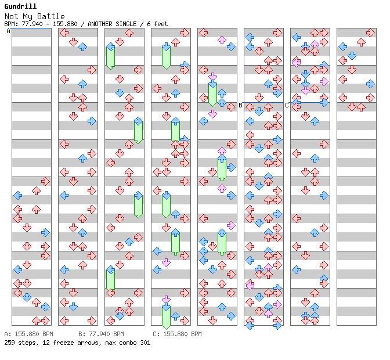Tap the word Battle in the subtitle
pos(52,16)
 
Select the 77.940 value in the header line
pos(31,24)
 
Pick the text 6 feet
pos(156,24)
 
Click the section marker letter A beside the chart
pos(8,31)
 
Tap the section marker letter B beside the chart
pos(240,105)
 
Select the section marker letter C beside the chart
pos(287,105)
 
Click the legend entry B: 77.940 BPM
pos(101,334)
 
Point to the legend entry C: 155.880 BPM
pos(177,334)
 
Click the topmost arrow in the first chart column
pos(45,181)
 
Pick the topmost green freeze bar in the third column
pos(110,57)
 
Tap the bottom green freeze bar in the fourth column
pos(166,316)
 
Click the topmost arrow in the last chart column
pos(361,42)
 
